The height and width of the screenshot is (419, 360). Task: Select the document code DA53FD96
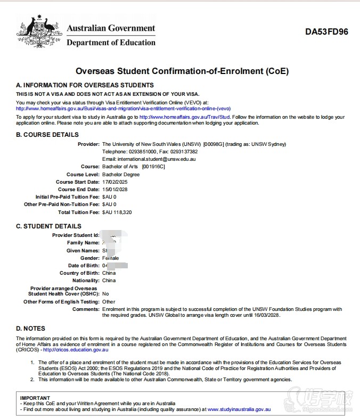tap(326, 32)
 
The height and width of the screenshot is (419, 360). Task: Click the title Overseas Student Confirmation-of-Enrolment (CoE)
tap(182, 71)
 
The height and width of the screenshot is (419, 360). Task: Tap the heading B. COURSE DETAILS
tap(47, 135)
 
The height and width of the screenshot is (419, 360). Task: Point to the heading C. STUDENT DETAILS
tap(48, 226)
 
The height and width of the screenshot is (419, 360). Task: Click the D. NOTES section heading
tap(31, 328)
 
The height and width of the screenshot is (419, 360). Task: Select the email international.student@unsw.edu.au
tap(149, 159)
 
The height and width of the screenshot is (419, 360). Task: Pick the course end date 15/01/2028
tap(114, 190)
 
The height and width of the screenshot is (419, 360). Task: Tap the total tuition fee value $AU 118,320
tap(117, 212)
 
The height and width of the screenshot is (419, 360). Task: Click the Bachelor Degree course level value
tap(121, 175)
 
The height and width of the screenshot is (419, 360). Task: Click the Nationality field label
tap(86, 281)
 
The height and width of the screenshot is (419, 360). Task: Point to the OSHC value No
tap(105, 294)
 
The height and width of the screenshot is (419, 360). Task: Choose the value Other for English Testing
tap(109, 302)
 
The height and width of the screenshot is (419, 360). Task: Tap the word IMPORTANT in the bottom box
tap(35, 398)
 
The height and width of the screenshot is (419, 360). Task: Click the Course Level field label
tap(83, 175)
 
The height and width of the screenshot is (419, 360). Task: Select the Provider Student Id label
tap(76, 235)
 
